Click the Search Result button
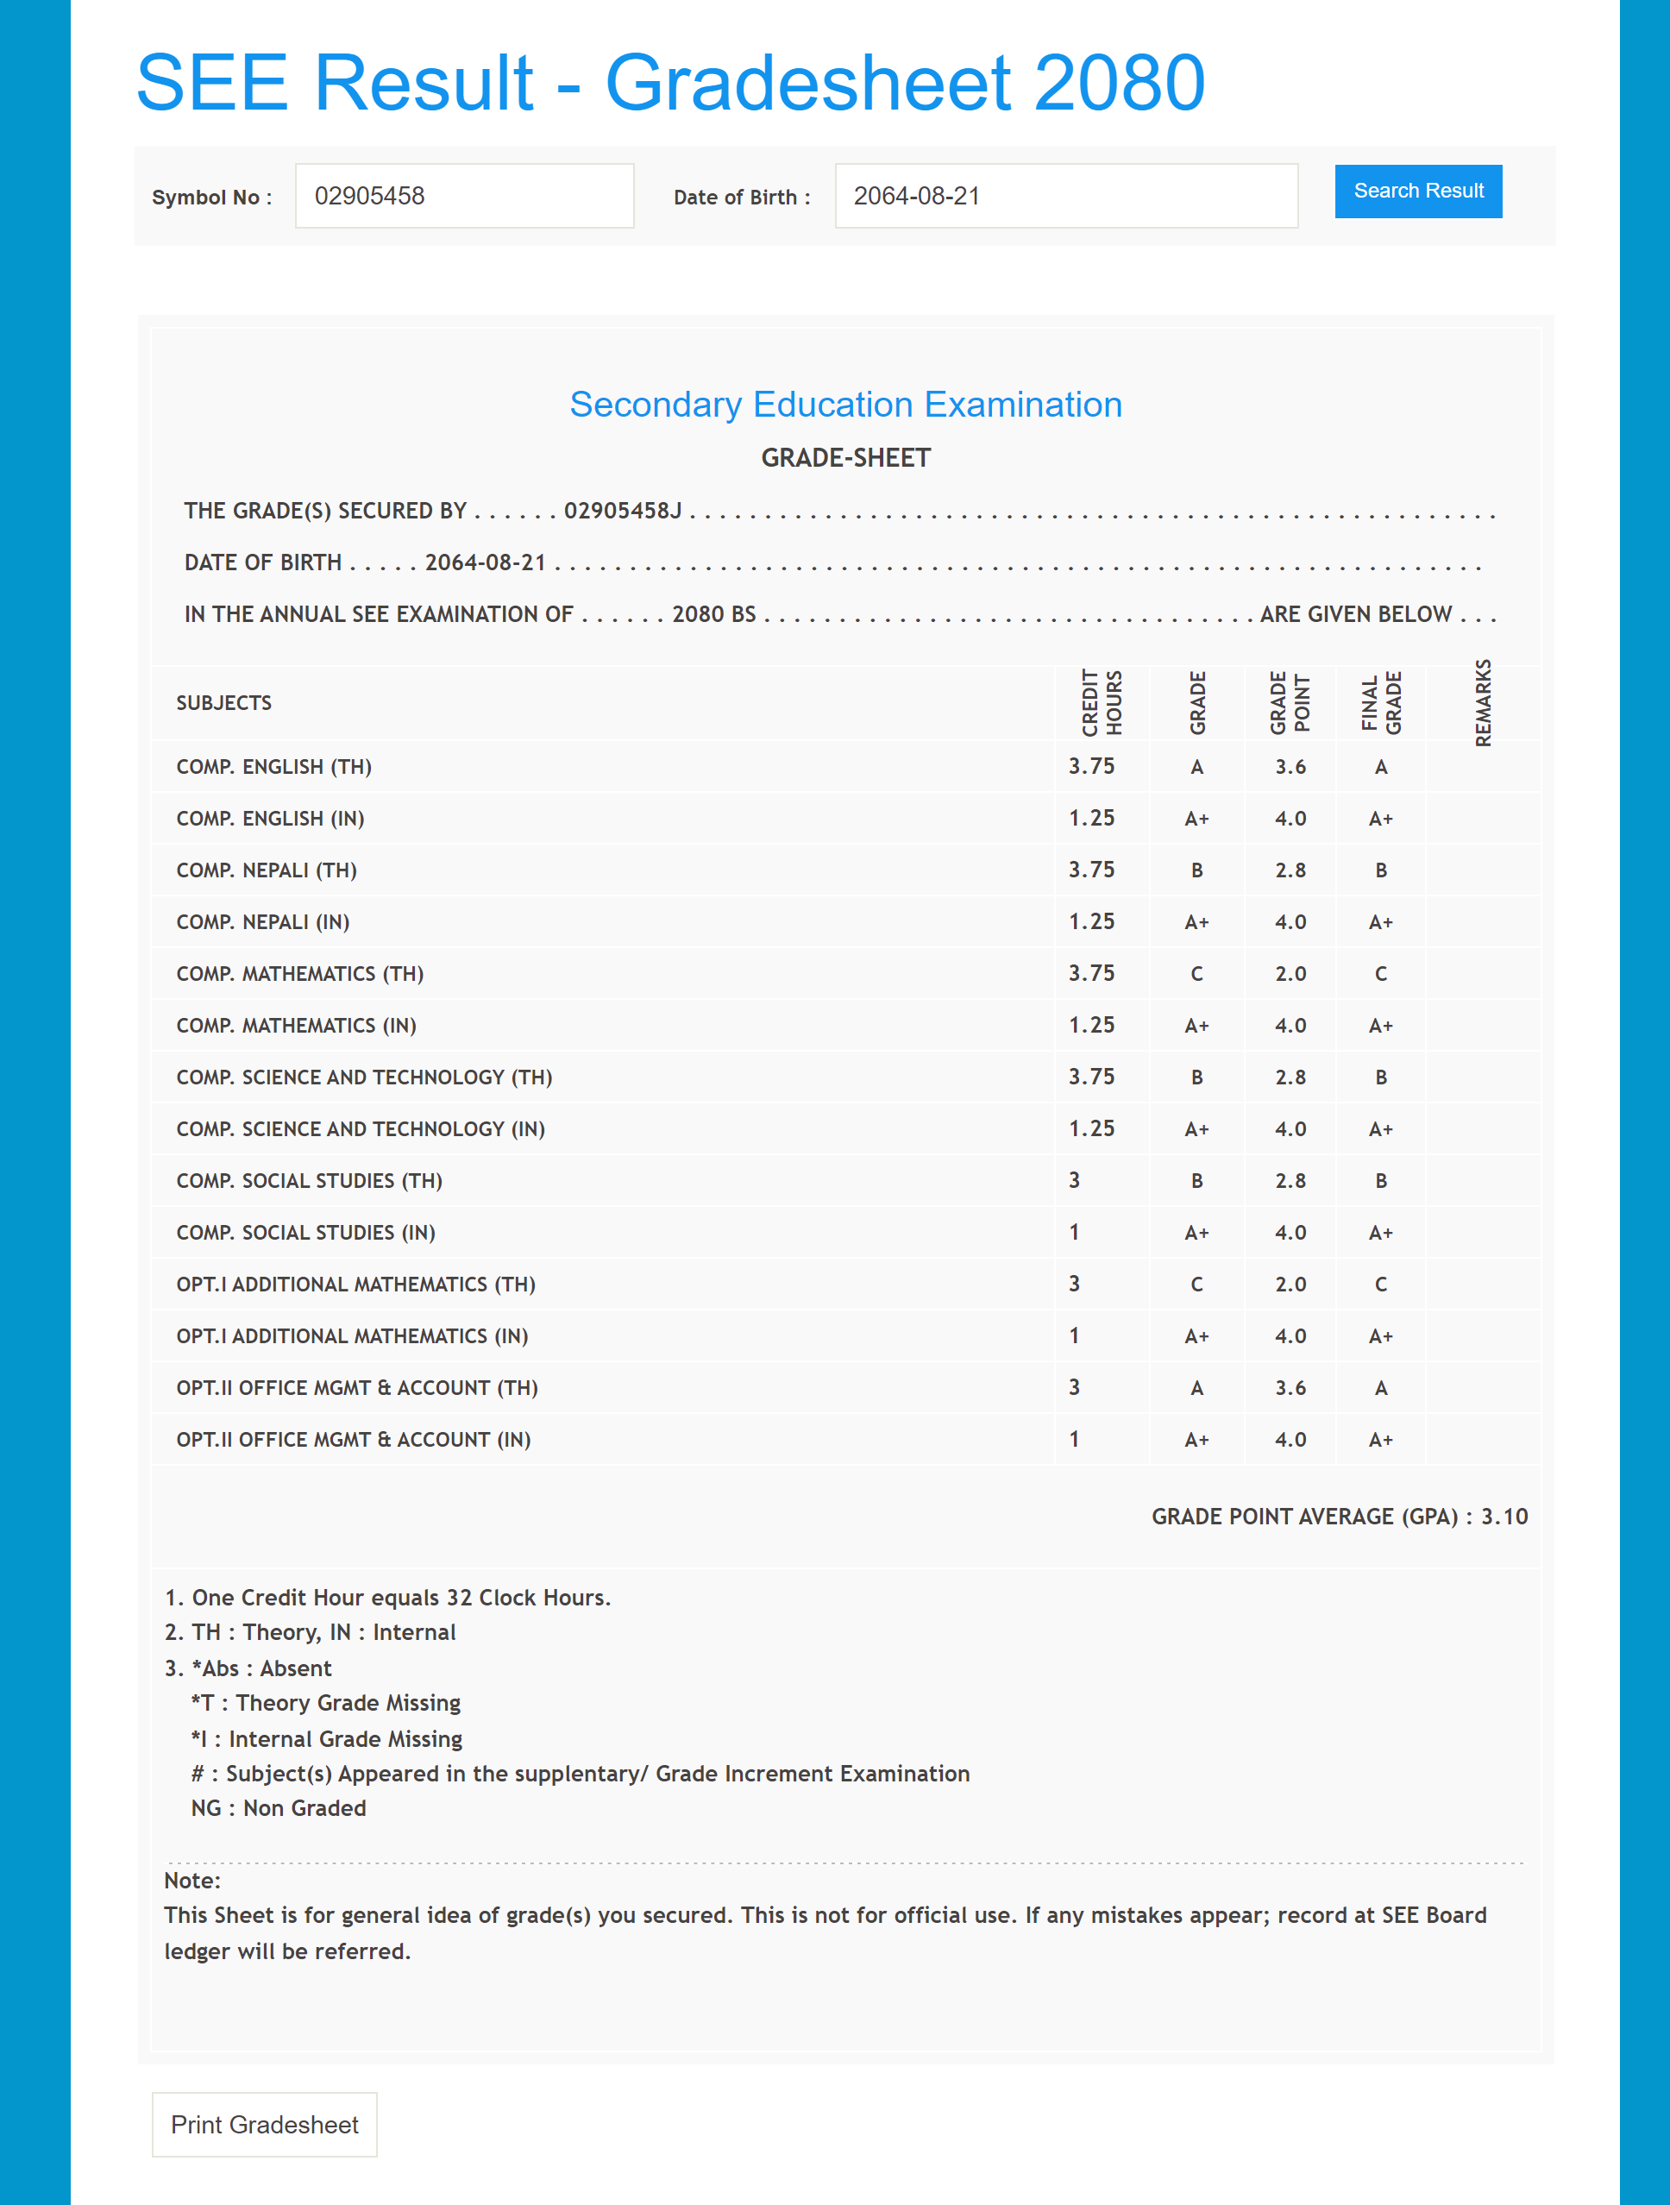(1418, 192)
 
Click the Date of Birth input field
(1066, 197)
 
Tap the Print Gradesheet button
(264, 2124)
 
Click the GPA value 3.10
(1504, 1517)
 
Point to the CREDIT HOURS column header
(1102, 703)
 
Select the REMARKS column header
(1483, 703)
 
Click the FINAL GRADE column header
(1381, 703)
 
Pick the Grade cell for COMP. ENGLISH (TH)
(1196, 767)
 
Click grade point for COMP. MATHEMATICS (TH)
(1290, 974)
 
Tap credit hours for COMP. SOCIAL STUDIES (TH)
(1074, 1180)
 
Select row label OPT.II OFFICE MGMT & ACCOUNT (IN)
(353, 1440)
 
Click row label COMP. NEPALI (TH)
(267, 870)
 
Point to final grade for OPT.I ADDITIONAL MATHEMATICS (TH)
(1381, 1284)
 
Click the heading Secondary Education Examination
(845, 405)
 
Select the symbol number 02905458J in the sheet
(622, 511)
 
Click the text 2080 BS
(714, 614)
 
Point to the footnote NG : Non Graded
(278, 1808)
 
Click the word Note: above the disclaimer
(192, 1880)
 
